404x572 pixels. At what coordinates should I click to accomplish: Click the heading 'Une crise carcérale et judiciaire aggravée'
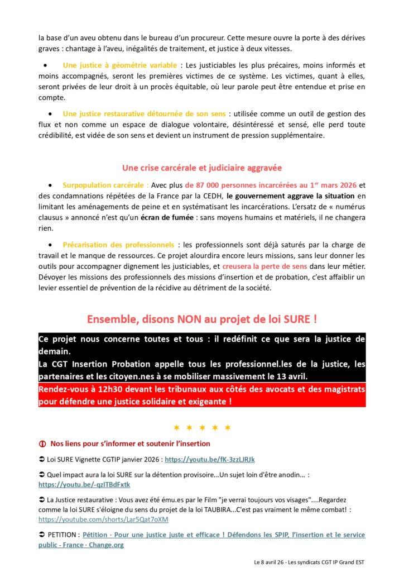pos(201,168)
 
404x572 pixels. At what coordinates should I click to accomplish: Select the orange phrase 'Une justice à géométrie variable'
pos(120,65)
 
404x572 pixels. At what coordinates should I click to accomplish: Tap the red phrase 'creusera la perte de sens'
pos(254,266)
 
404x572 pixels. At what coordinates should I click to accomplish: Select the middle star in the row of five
pos(202,427)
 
